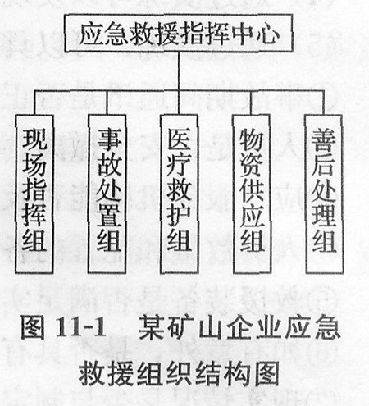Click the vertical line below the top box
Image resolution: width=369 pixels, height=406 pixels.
pyautogui.click(x=179, y=71)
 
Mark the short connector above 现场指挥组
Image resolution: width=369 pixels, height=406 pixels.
pyautogui.click(x=34, y=103)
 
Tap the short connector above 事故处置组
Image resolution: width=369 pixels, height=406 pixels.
pyautogui.click(x=107, y=103)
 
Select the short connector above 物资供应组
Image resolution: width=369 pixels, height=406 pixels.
pyautogui.click(x=251, y=103)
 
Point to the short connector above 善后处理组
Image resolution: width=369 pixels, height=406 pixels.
pyautogui.click(x=324, y=103)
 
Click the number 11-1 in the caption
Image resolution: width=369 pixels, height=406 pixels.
pyautogui.click(x=80, y=327)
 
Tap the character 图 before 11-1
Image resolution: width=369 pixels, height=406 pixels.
pyautogui.click(x=33, y=327)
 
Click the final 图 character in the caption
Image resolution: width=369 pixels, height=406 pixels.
pyautogui.click(x=266, y=373)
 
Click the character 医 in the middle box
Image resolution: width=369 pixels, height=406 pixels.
pyautogui.click(x=179, y=139)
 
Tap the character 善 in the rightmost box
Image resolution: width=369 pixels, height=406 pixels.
pyautogui.click(x=324, y=141)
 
